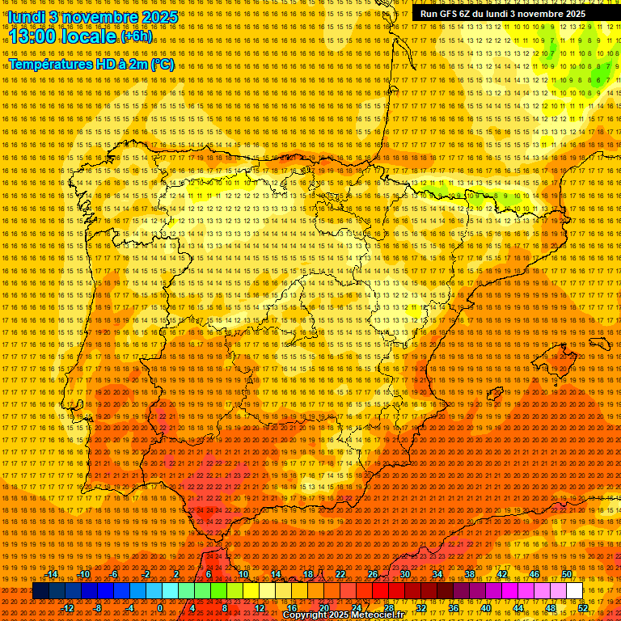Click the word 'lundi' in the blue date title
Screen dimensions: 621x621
click(26, 16)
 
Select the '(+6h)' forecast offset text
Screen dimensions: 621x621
click(136, 36)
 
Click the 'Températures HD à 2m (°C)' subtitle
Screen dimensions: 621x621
click(91, 64)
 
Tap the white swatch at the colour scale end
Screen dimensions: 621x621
click(574, 591)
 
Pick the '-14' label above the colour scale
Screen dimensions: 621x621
click(52, 575)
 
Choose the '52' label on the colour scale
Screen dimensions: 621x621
click(583, 608)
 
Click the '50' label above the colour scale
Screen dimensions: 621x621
click(567, 575)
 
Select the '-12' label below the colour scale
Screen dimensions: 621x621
click(68, 608)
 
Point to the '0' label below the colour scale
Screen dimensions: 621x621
click(160, 608)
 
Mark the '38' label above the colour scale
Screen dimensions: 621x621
click(470, 575)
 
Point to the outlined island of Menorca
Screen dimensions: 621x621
click(599, 344)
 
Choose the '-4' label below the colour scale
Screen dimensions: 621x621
click(130, 608)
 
